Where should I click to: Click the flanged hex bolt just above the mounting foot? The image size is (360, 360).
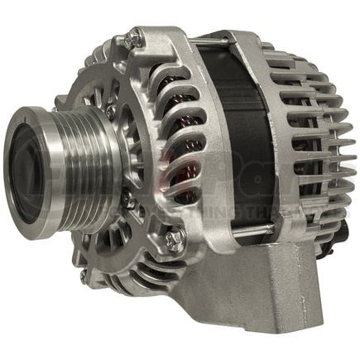175,240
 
